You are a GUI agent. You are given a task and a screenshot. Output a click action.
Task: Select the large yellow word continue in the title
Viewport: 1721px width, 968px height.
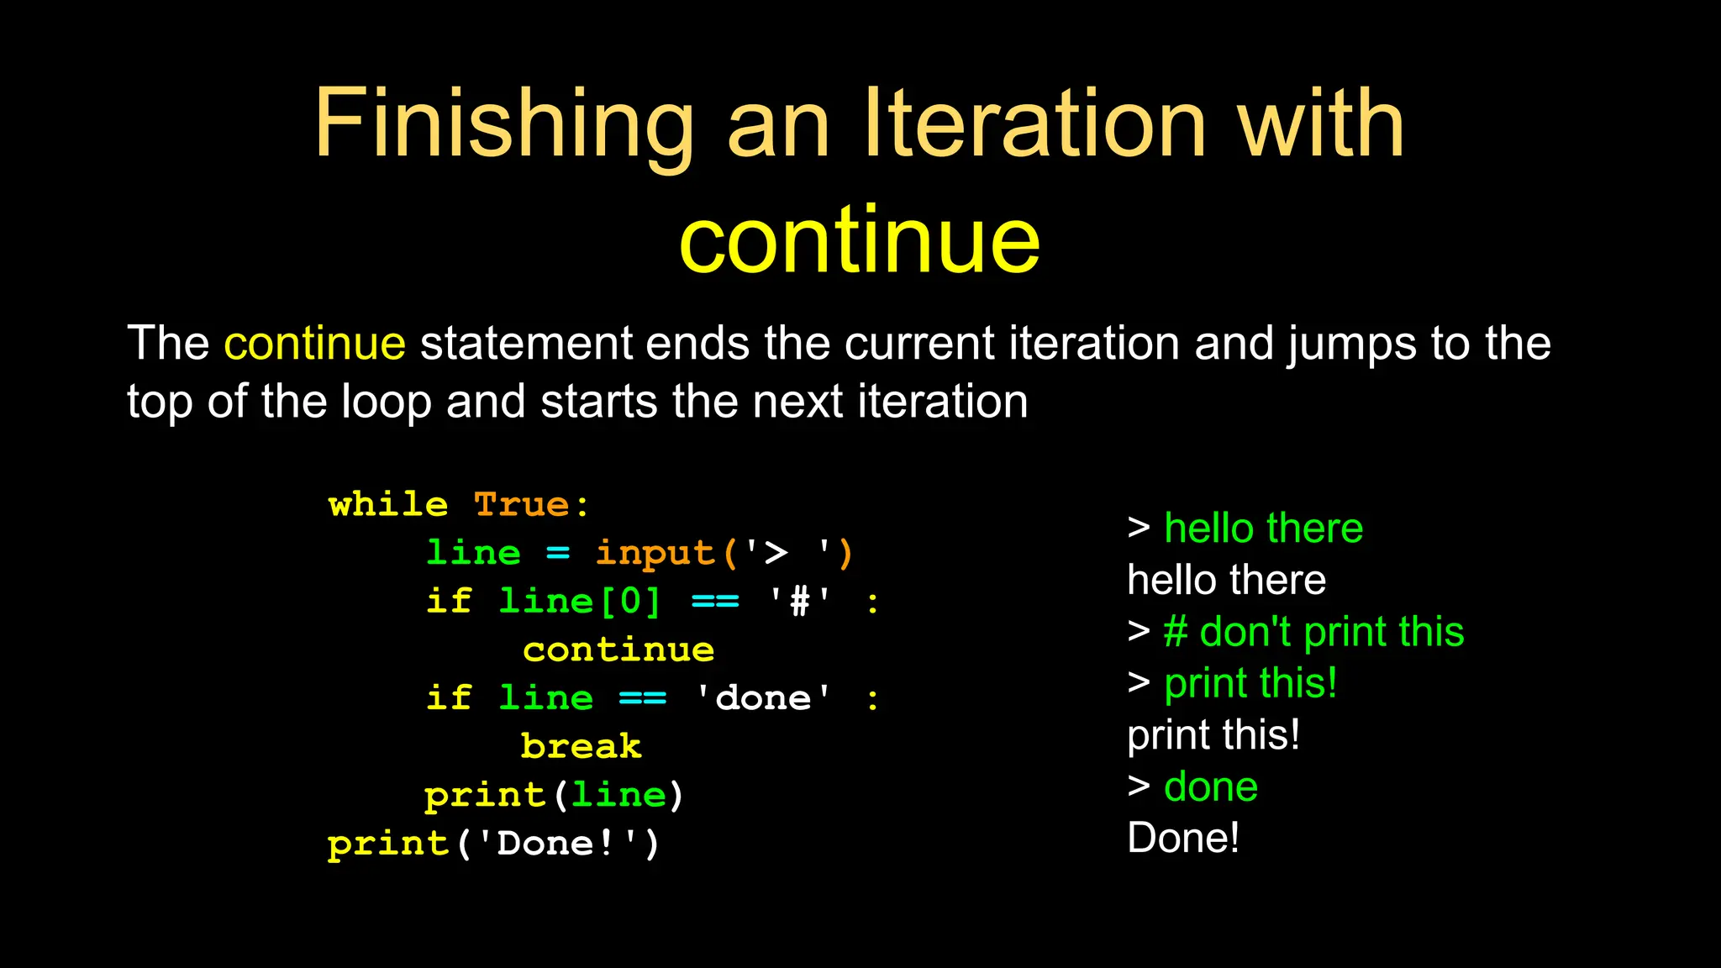click(860, 241)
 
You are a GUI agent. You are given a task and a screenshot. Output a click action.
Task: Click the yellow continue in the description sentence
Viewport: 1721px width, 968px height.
click(314, 344)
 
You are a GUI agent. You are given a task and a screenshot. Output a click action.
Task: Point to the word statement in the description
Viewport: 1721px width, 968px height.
click(526, 344)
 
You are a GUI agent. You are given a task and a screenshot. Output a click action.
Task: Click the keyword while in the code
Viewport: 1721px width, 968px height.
click(387, 505)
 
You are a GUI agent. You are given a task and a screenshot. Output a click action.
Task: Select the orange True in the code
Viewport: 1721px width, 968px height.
click(522, 505)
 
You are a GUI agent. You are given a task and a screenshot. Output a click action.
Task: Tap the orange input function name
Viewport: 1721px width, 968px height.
click(655, 553)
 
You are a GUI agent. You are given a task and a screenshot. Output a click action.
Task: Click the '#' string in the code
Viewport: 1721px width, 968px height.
click(800, 602)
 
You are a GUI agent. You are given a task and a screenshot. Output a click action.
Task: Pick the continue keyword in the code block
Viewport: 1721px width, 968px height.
click(618, 650)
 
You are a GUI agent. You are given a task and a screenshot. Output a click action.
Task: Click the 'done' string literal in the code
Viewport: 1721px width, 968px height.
click(763, 698)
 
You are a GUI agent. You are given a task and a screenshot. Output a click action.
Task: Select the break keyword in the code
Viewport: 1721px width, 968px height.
click(582, 746)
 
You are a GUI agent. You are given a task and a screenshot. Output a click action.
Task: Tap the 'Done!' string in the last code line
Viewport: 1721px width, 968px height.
click(558, 844)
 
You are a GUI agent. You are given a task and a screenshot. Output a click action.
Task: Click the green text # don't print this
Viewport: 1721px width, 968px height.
click(1313, 632)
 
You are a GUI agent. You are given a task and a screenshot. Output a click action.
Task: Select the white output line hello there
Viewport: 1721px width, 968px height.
click(1226, 581)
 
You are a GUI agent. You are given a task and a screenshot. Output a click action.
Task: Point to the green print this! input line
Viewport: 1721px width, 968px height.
click(1250, 683)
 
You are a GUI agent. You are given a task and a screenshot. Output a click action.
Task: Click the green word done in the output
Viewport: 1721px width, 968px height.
click(1211, 787)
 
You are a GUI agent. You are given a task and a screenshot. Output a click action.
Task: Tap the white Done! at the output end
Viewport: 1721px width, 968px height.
click(1182, 839)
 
